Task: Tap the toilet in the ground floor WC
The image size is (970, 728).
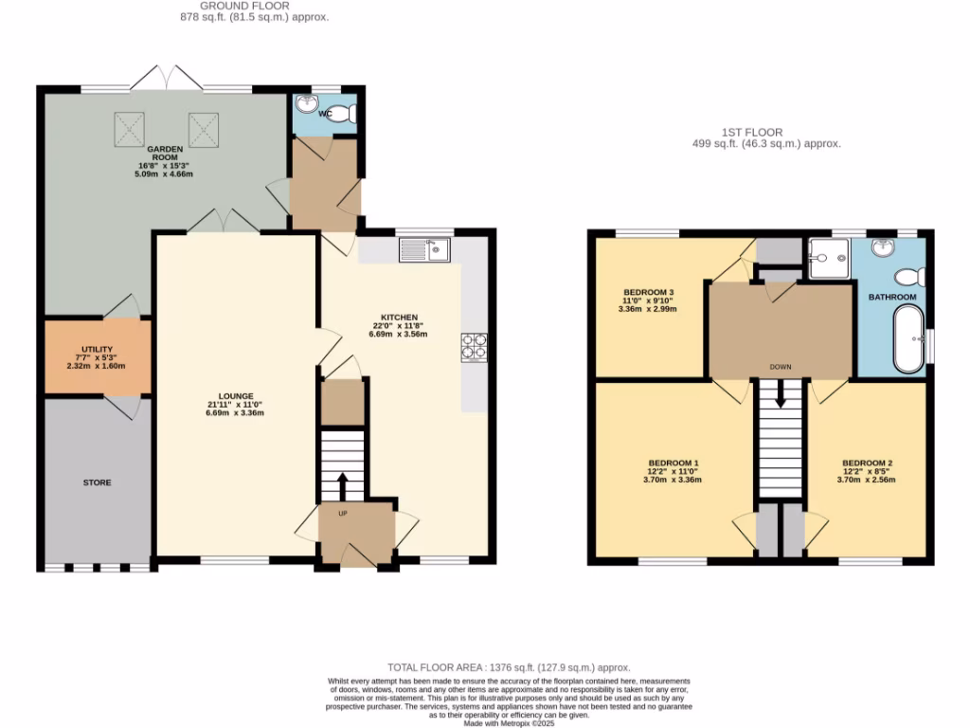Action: pos(348,114)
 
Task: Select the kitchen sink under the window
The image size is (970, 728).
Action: pos(425,250)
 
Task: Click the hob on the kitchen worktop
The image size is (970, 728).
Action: pos(474,348)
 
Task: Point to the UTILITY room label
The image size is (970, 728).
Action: pos(98,350)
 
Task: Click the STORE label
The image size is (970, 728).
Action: pos(97,482)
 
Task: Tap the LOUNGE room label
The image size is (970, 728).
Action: pos(235,396)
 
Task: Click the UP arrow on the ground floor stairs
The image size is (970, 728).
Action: pos(342,486)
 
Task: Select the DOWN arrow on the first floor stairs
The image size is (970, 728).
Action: pos(781,394)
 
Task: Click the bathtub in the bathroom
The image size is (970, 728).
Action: pos(907,338)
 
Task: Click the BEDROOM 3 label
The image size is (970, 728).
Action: pos(648,292)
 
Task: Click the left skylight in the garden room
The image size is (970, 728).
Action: pos(131,128)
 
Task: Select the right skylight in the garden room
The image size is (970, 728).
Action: pos(203,128)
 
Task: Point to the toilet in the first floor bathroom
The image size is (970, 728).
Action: pos(910,277)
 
